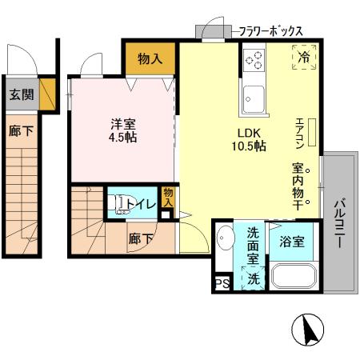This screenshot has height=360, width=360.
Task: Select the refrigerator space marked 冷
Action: click(x=305, y=57)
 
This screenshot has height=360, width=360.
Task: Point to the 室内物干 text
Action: click(x=297, y=186)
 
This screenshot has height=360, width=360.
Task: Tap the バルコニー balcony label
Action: click(x=338, y=223)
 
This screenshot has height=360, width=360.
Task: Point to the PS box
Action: click(x=221, y=282)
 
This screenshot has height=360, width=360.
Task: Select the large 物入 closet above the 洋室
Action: click(x=150, y=58)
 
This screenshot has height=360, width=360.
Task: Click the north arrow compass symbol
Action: click(x=308, y=329)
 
